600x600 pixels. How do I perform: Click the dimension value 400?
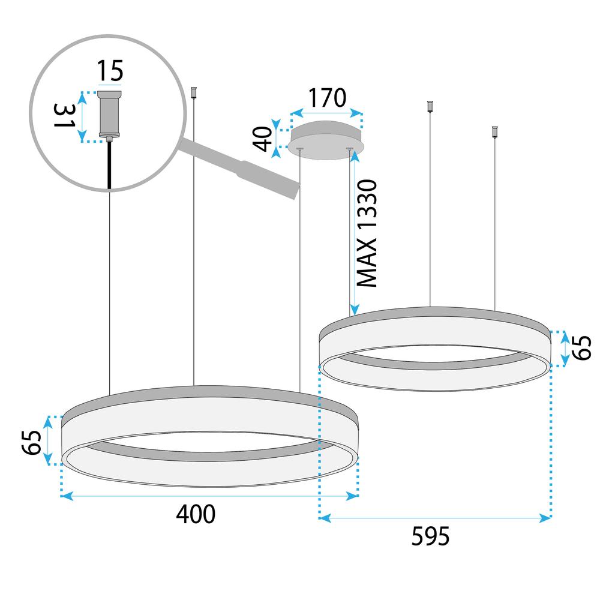(196, 514)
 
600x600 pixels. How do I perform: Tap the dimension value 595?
(431, 536)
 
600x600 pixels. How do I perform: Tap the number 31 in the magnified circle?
(64, 118)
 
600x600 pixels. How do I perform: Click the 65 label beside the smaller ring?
(581, 348)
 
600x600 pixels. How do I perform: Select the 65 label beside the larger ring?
(34, 442)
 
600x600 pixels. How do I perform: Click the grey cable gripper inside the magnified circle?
(109, 116)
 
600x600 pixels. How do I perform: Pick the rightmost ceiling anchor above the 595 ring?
(495, 131)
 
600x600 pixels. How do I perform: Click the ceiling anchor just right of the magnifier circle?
(193, 92)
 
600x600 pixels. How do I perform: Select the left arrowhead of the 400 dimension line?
(65, 496)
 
